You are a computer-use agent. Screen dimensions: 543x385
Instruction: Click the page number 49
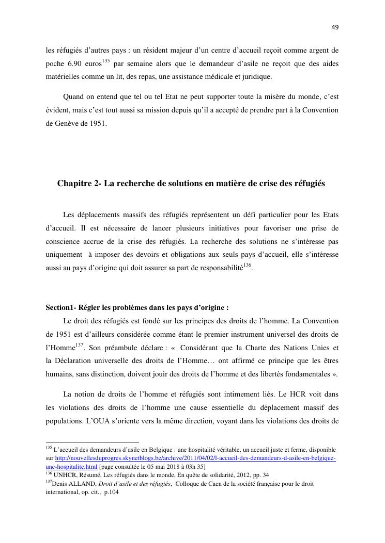[335, 27]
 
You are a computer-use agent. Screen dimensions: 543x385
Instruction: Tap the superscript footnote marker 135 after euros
[106, 61]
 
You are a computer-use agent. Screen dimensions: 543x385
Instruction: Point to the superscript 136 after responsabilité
[247, 265]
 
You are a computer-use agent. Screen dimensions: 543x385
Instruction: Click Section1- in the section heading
[60, 308]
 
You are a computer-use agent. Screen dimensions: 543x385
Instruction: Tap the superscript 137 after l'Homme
[80, 344]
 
